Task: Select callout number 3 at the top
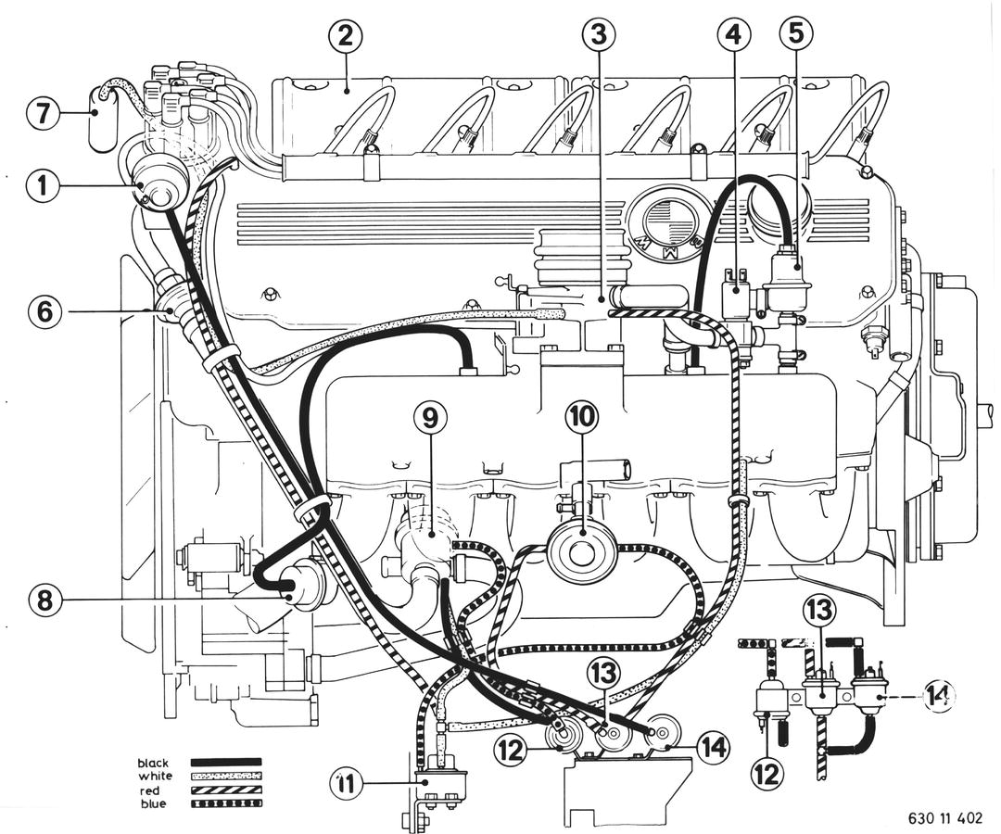pos(599,35)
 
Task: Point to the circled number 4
pos(734,35)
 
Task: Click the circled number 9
pos(430,420)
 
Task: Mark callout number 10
pos(583,420)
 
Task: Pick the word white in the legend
pos(156,776)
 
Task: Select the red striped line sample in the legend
pos(226,790)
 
